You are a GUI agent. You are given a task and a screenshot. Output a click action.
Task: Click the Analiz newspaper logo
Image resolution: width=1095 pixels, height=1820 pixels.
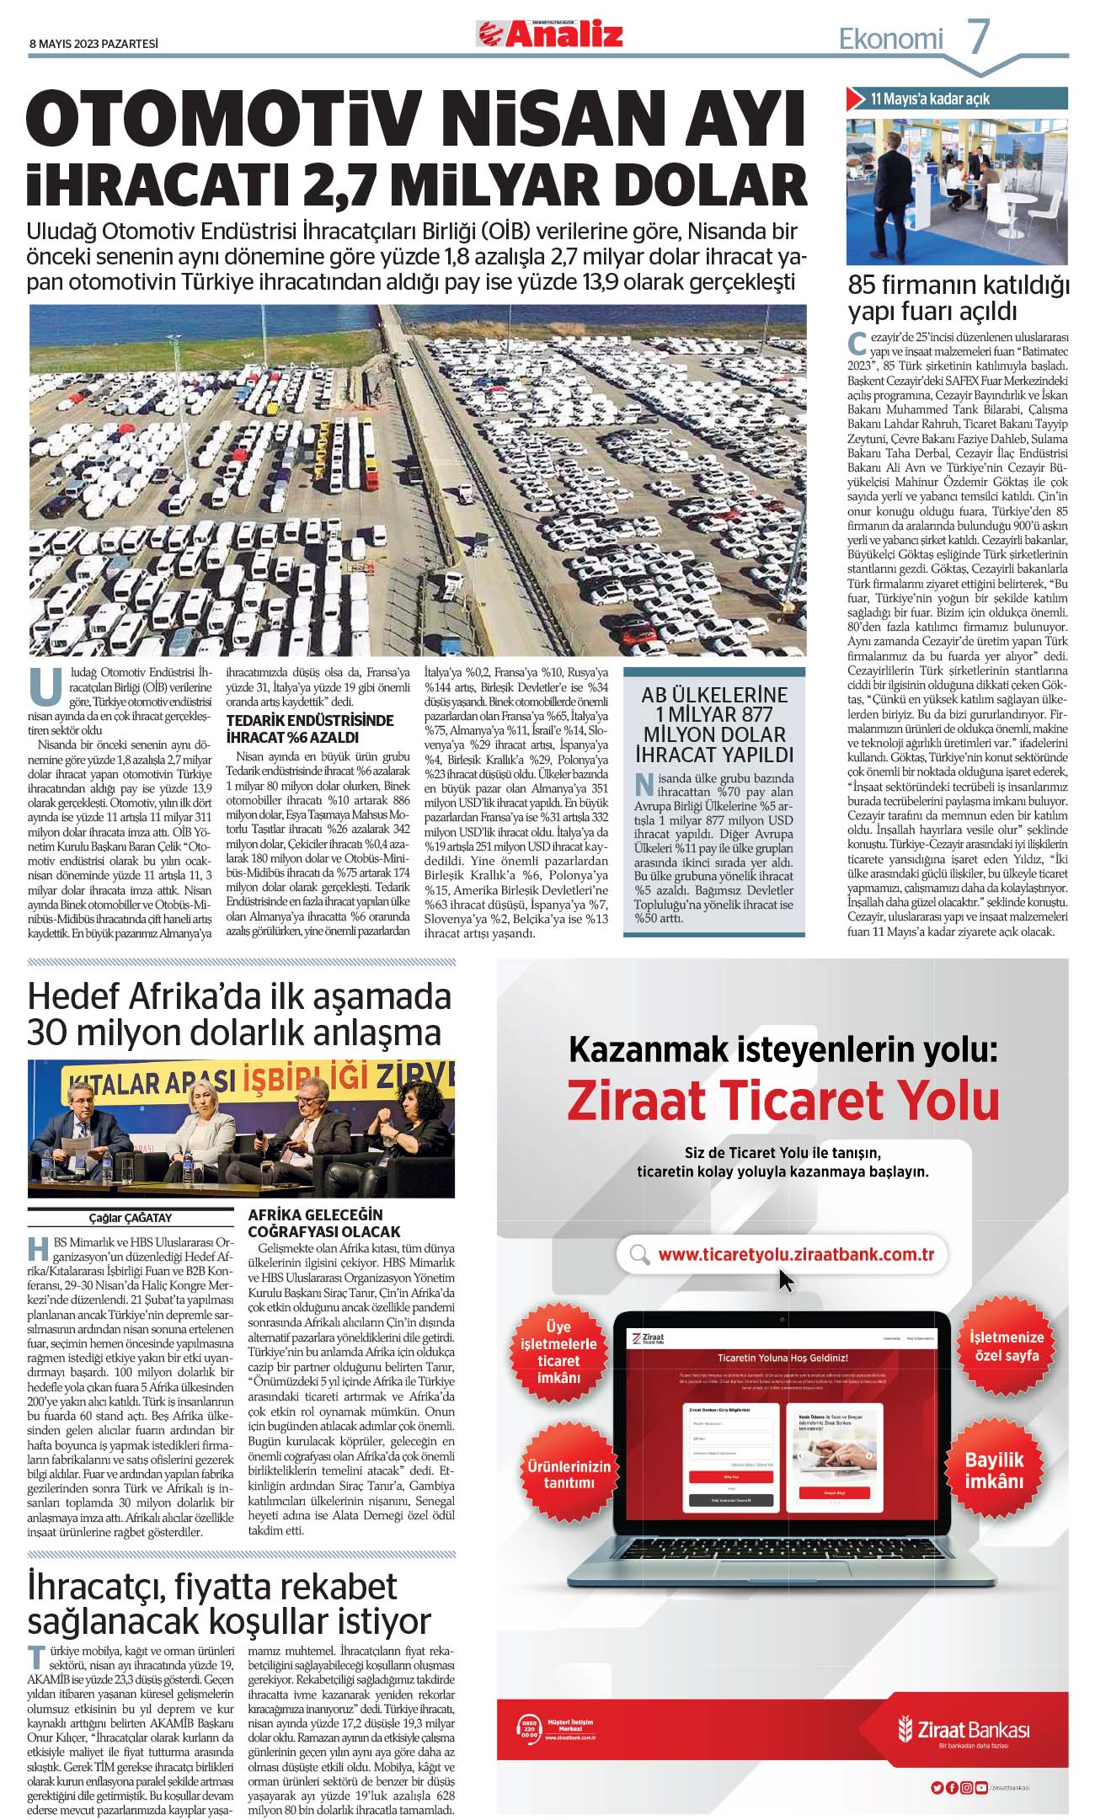point(552,34)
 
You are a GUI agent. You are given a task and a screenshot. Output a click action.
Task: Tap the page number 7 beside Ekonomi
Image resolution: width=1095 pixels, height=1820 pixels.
point(978,37)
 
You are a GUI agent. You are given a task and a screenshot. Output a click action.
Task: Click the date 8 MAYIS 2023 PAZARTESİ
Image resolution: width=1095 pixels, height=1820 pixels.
point(93,43)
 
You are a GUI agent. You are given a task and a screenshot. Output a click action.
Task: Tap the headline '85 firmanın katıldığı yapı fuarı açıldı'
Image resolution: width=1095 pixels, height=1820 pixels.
point(958,297)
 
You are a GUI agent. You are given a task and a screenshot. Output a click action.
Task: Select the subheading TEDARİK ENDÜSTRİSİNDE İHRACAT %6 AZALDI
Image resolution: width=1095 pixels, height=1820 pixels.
point(310,729)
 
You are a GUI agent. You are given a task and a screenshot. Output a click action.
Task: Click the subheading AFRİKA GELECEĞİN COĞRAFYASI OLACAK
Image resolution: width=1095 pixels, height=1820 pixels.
point(324,1223)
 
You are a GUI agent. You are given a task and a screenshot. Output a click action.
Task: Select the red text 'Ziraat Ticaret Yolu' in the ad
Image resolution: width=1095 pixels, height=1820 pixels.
point(783,1101)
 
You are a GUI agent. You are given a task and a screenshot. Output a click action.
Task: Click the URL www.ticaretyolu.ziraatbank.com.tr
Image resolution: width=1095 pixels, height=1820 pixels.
point(796,1254)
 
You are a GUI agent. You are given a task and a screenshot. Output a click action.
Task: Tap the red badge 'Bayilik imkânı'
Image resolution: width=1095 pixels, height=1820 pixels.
point(994,1470)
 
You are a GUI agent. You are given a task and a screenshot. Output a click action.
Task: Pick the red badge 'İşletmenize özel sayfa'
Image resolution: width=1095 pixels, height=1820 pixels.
point(1006,1346)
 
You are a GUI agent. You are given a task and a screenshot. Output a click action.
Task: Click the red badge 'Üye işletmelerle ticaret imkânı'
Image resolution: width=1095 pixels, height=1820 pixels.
point(558,1352)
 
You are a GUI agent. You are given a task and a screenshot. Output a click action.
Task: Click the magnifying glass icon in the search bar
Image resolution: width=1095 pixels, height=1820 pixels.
point(640,1255)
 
